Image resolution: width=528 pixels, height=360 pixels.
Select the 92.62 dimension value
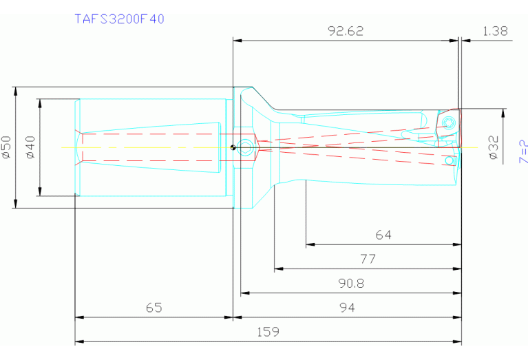[x=346, y=31]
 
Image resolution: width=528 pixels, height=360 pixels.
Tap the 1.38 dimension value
[x=495, y=31]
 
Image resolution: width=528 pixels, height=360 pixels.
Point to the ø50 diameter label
[x=7, y=147]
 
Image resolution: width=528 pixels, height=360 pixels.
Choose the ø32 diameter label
[x=493, y=147]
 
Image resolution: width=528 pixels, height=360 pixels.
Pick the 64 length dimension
[x=383, y=235]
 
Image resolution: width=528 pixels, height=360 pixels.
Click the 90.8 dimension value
[x=350, y=283]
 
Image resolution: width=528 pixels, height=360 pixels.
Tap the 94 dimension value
[x=348, y=308]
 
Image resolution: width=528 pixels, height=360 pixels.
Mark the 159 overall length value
[x=268, y=331]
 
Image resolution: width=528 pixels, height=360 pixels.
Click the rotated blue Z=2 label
[x=523, y=151]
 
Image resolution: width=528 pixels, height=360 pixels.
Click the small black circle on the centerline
[x=234, y=147]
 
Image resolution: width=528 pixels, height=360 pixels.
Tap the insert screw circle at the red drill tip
[x=449, y=123]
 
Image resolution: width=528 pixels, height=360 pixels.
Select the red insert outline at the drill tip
[x=447, y=127]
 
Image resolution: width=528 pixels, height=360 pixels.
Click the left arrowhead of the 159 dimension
[x=78, y=341]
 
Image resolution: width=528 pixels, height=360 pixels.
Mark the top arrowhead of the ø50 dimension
[x=15, y=89]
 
